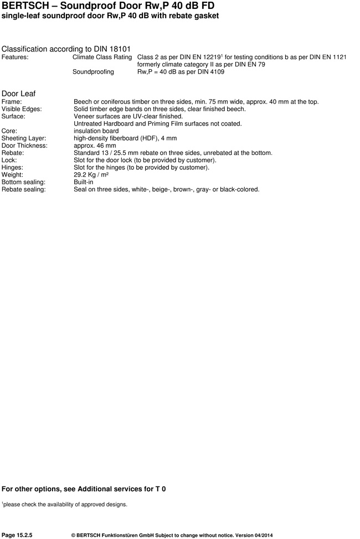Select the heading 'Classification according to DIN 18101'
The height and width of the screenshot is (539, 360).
pyautogui.click(x=66, y=49)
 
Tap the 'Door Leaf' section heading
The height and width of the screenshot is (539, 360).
pyautogui.click(x=19, y=94)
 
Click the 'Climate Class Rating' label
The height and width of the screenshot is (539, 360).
pyautogui.click(x=102, y=57)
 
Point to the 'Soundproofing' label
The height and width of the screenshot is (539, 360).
pyautogui.click(x=93, y=71)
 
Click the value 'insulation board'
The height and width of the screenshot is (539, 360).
pyautogui.click(x=96, y=131)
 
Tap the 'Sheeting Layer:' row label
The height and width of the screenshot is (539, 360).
pyautogui.click(x=24, y=138)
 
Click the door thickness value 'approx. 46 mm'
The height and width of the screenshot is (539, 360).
pyautogui.click(x=95, y=146)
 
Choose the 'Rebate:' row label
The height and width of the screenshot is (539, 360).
pyautogui.click(x=13, y=153)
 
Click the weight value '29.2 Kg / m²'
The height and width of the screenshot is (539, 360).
pyautogui.click(x=91, y=174)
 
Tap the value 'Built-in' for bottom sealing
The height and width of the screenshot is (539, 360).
pyautogui.click(x=84, y=182)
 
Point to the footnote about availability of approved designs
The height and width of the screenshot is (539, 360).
pyautogui.click(x=65, y=504)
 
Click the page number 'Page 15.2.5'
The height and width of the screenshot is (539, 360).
pyautogui.click(x=17, y=535)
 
